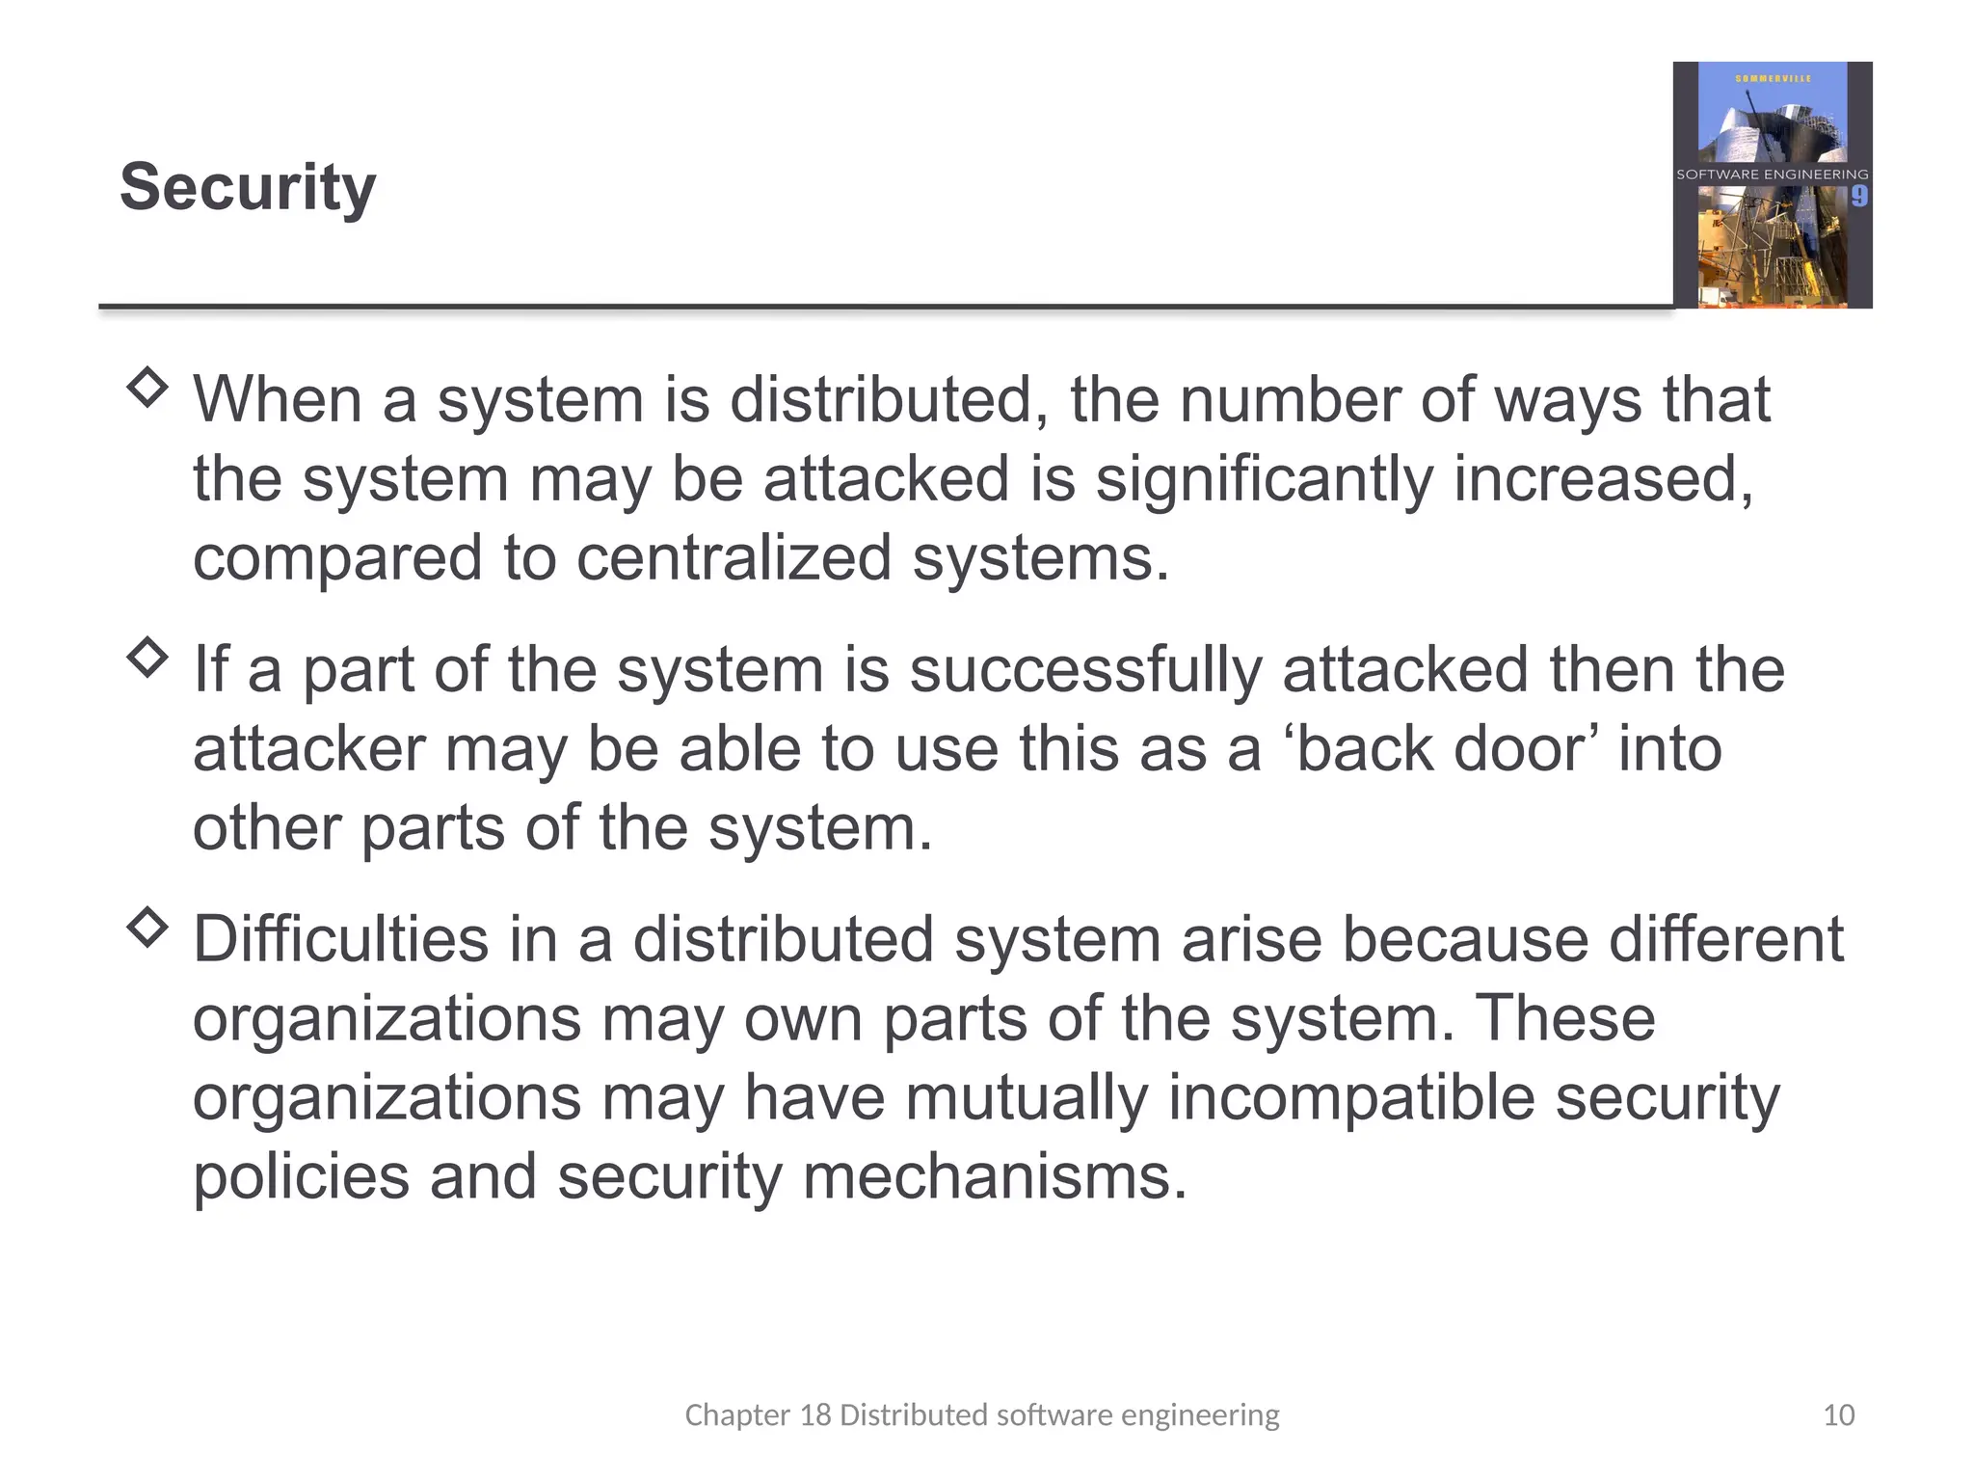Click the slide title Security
click(248, 187)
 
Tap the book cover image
click(1772, 185)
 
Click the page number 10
click(1838, 1414)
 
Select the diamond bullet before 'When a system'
click(147, 388)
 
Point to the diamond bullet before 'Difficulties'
click(147, 928)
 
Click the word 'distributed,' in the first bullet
click(888, 399)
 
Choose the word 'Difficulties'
click(340, 939)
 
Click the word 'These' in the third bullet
click(1565, 1018)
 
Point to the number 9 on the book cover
click(1858, 197)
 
